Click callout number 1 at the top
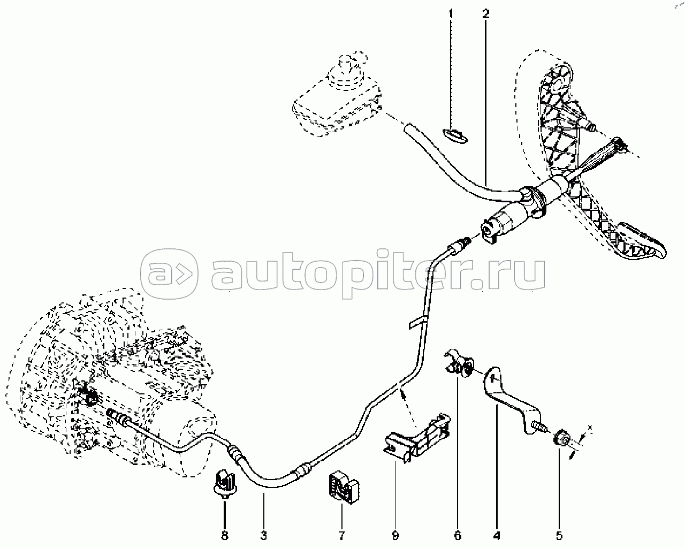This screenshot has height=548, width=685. [x=451, y=13]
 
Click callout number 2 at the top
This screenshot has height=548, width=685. [x=485, y=13]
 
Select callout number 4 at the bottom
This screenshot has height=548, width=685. [x=497, y=535]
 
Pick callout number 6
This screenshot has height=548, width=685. [x=458, y=535]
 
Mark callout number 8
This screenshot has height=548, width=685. [x=225, y=535]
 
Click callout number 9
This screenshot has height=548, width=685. [x=395, y=535]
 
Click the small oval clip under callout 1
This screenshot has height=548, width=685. [x=453, y=133]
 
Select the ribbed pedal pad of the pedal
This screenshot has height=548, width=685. [x=637, y=246]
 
